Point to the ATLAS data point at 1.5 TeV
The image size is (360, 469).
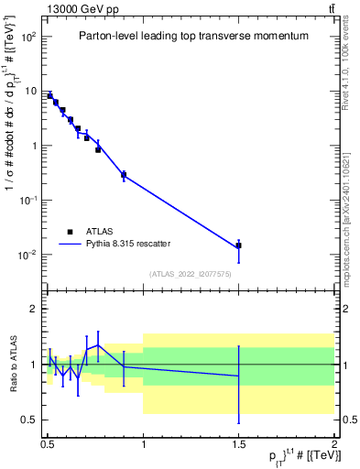[238, 245]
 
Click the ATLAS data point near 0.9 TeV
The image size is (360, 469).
[124, 175]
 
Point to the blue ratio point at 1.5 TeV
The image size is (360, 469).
[238, 376]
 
